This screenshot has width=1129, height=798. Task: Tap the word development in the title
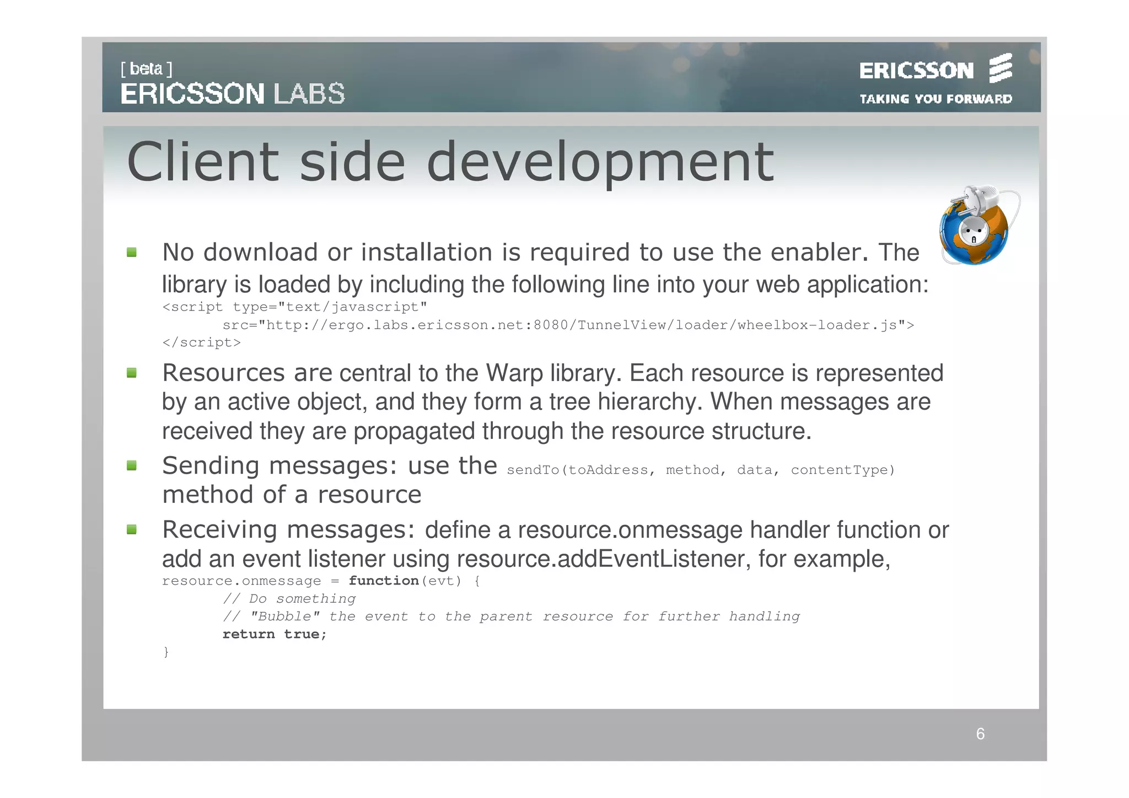tap(600, 163)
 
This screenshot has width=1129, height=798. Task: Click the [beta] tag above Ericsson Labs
tap(147, 69)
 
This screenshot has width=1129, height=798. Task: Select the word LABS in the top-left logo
tap(309, 94)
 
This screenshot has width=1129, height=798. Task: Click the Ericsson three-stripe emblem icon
tap(1001, 68)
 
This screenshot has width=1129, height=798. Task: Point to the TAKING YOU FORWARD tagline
tap(936, 99)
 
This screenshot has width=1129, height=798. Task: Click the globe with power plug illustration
tap(976, 226)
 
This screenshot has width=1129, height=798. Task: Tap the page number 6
tap(980, 734)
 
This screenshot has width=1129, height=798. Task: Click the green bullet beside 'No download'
tap(132, 253)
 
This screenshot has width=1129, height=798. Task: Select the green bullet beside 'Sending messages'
tap(132, 466)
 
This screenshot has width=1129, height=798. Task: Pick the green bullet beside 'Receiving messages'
tap(132, 530)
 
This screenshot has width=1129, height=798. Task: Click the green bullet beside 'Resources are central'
tap(132, 373)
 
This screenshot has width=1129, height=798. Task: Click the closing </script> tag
tap(201, 343)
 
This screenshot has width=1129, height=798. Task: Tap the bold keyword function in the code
tap(384, 581)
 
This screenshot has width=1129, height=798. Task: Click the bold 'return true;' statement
tap(275, 634)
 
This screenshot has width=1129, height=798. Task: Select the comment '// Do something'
tap(289, 599)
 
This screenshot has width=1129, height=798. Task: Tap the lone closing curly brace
tap(166, 652)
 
